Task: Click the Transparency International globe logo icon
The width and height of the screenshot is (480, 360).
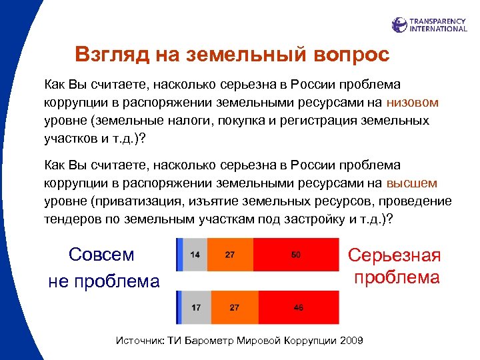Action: pyautogui.click(x=399, y=25)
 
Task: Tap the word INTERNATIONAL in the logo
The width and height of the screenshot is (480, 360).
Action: pyautogui.click(x=438, y=29)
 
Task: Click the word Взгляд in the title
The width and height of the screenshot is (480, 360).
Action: pyautogui.click(x=107, y=54)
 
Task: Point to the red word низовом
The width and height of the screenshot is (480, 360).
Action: pyautogui.click(x=413, y=103)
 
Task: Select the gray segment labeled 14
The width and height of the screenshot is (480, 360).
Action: pyautogui.click(x=195, y=255)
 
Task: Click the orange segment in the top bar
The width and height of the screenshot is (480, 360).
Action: pyautogui.click(x=230, y=255)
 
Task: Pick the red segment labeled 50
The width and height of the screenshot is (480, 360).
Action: pyautogui.click(x=296, y=255)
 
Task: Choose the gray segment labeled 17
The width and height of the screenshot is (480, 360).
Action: pyautogui.click(x=197, y=308)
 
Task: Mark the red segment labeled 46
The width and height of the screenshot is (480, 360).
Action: pyautogui.click(x=299, y=308)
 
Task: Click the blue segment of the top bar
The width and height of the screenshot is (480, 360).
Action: pyautogui.click(x=179, y=255)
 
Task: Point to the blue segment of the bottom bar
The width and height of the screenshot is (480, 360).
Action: pyautogui.click(x=179, y=308)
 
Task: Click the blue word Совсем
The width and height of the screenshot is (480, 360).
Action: pyautogui.click(x=101, y=255)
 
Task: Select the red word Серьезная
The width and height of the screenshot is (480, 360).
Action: pyautogui.click(x=395, y=256)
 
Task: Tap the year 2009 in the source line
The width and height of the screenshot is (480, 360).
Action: pyautogui.click(x=351, y=341)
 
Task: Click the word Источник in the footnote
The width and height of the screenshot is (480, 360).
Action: pyautogui.click(x=141, y=341)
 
